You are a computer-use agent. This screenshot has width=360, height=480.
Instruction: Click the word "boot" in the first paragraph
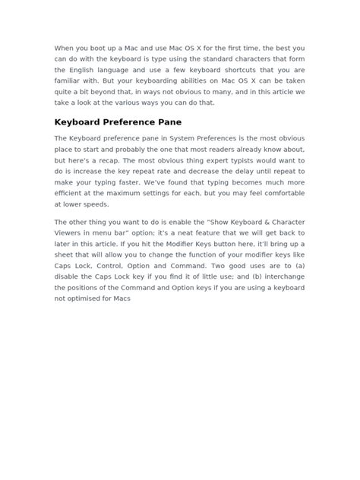104,48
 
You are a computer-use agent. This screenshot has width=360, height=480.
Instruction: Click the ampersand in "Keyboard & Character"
238,222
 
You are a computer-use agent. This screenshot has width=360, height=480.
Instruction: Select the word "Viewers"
71,233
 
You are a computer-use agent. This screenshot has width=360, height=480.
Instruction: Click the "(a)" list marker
295,266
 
